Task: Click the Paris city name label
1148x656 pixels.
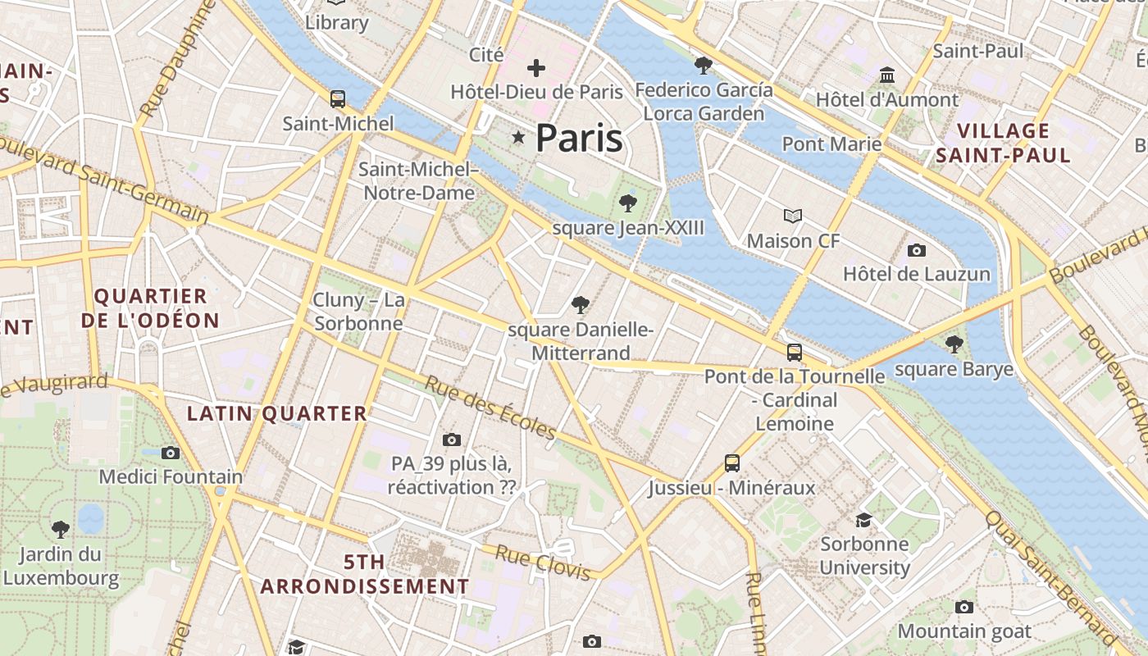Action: [x=579, y=139]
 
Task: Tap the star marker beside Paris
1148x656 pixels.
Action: [x=518, y=137]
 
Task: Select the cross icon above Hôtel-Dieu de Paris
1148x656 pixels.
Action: [x=536, y=68]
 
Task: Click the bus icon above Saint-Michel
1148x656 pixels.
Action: [x=337, y=99]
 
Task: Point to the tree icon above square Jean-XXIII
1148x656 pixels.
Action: [x=628, y=203]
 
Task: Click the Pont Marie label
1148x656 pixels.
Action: [x=831, y=144]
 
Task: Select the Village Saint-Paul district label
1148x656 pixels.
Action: [x=1004, y=143]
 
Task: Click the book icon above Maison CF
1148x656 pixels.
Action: [x=792, y=216]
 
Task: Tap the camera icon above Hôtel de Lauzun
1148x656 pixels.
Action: [x=917, y=250]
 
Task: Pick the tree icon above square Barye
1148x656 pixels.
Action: [x=954, y=344]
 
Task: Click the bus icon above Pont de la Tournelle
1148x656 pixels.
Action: [x=794, y=353]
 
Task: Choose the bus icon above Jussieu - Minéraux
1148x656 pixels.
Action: [x=732, y=463]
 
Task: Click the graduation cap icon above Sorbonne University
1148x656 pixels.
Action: [x=864, y=520]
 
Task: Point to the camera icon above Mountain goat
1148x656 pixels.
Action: [x=964, y=607]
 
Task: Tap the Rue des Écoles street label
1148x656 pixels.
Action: [x=490, y=408]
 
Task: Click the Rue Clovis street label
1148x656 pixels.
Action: [x=542, y=563]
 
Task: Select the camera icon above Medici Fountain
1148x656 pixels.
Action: [x=171, y=453]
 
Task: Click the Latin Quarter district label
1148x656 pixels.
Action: [x=277, y=414]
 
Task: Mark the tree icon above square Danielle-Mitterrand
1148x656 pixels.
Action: [x=581, y=306]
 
